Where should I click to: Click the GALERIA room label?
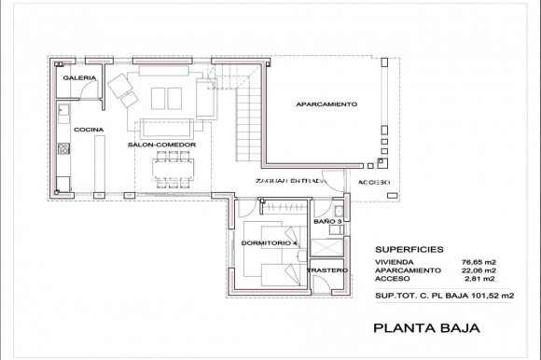(74, 78)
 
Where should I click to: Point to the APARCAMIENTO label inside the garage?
(326, 104)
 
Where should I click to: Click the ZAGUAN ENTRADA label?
(288, 182)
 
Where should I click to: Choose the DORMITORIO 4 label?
(269, 242)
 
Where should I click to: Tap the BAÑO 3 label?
(327, 220)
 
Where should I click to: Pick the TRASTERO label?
(327, 270)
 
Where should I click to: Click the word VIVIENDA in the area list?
(395, 262)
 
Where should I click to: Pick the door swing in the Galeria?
(86, 90)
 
